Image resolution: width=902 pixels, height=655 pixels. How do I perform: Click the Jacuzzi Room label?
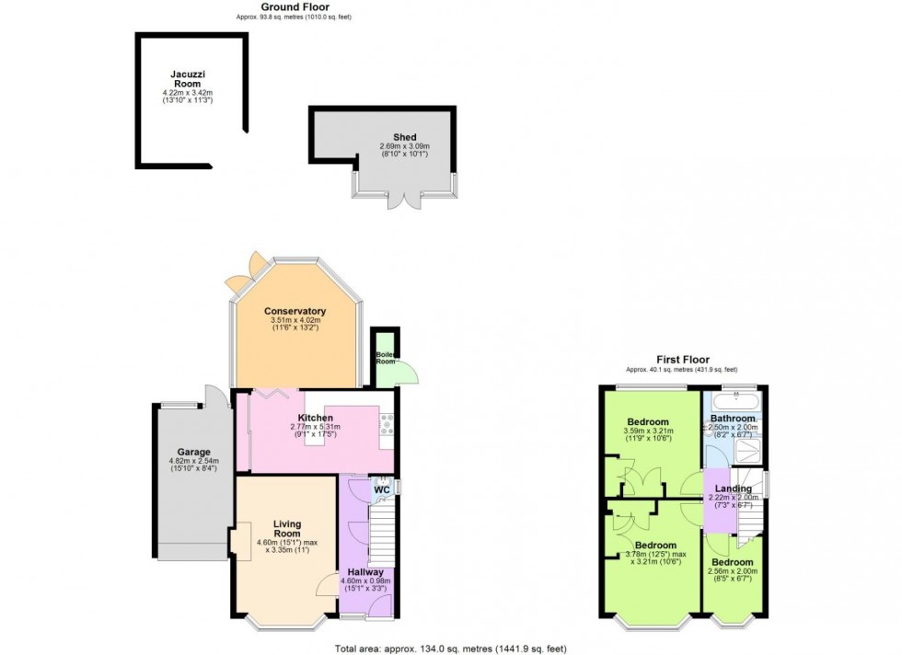187,78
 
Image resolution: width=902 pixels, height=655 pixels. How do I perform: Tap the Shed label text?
392,137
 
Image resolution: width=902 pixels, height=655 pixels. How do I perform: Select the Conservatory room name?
295,311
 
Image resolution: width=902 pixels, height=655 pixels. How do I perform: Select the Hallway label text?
365,572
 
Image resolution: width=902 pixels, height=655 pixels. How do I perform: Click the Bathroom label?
733,418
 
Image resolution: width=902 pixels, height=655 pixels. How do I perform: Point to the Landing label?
734,488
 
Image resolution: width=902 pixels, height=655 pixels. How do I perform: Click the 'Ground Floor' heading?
292,6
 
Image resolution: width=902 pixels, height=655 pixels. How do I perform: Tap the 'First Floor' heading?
682,360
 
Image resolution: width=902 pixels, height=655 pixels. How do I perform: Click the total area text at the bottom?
450,648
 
